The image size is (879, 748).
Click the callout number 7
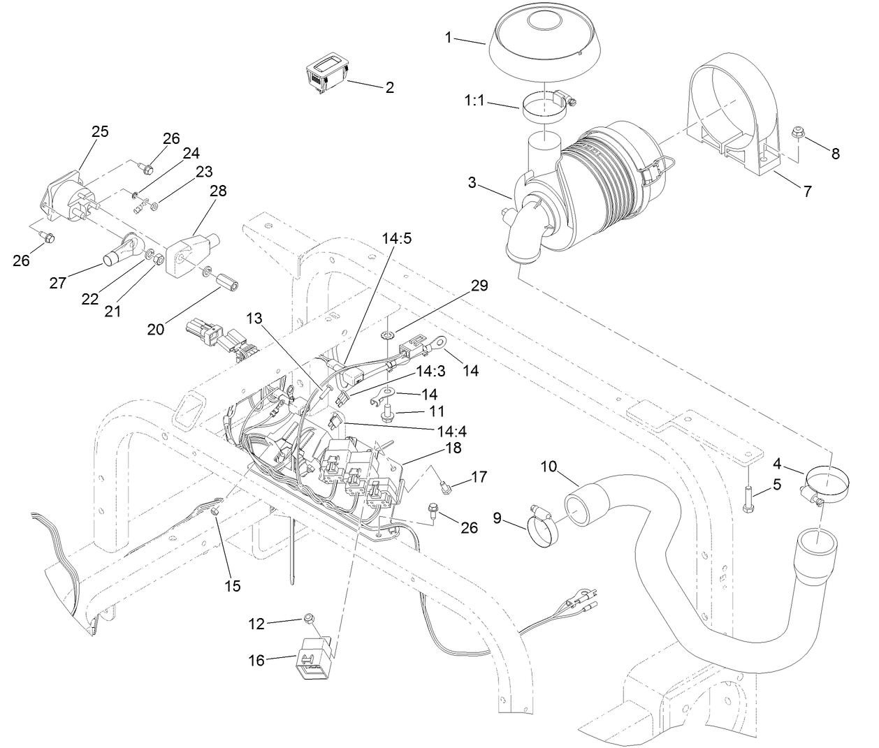click(807, 191)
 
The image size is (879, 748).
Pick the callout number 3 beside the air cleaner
click(472, 183)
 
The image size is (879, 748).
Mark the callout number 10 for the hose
click(549, 466)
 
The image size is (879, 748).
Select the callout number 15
click(232, 586)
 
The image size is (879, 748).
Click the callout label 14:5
click(396, 238)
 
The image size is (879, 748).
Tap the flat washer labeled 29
click(386, 336)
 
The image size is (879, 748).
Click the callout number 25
click(100, 131)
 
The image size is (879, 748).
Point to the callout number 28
click(218, 191)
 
